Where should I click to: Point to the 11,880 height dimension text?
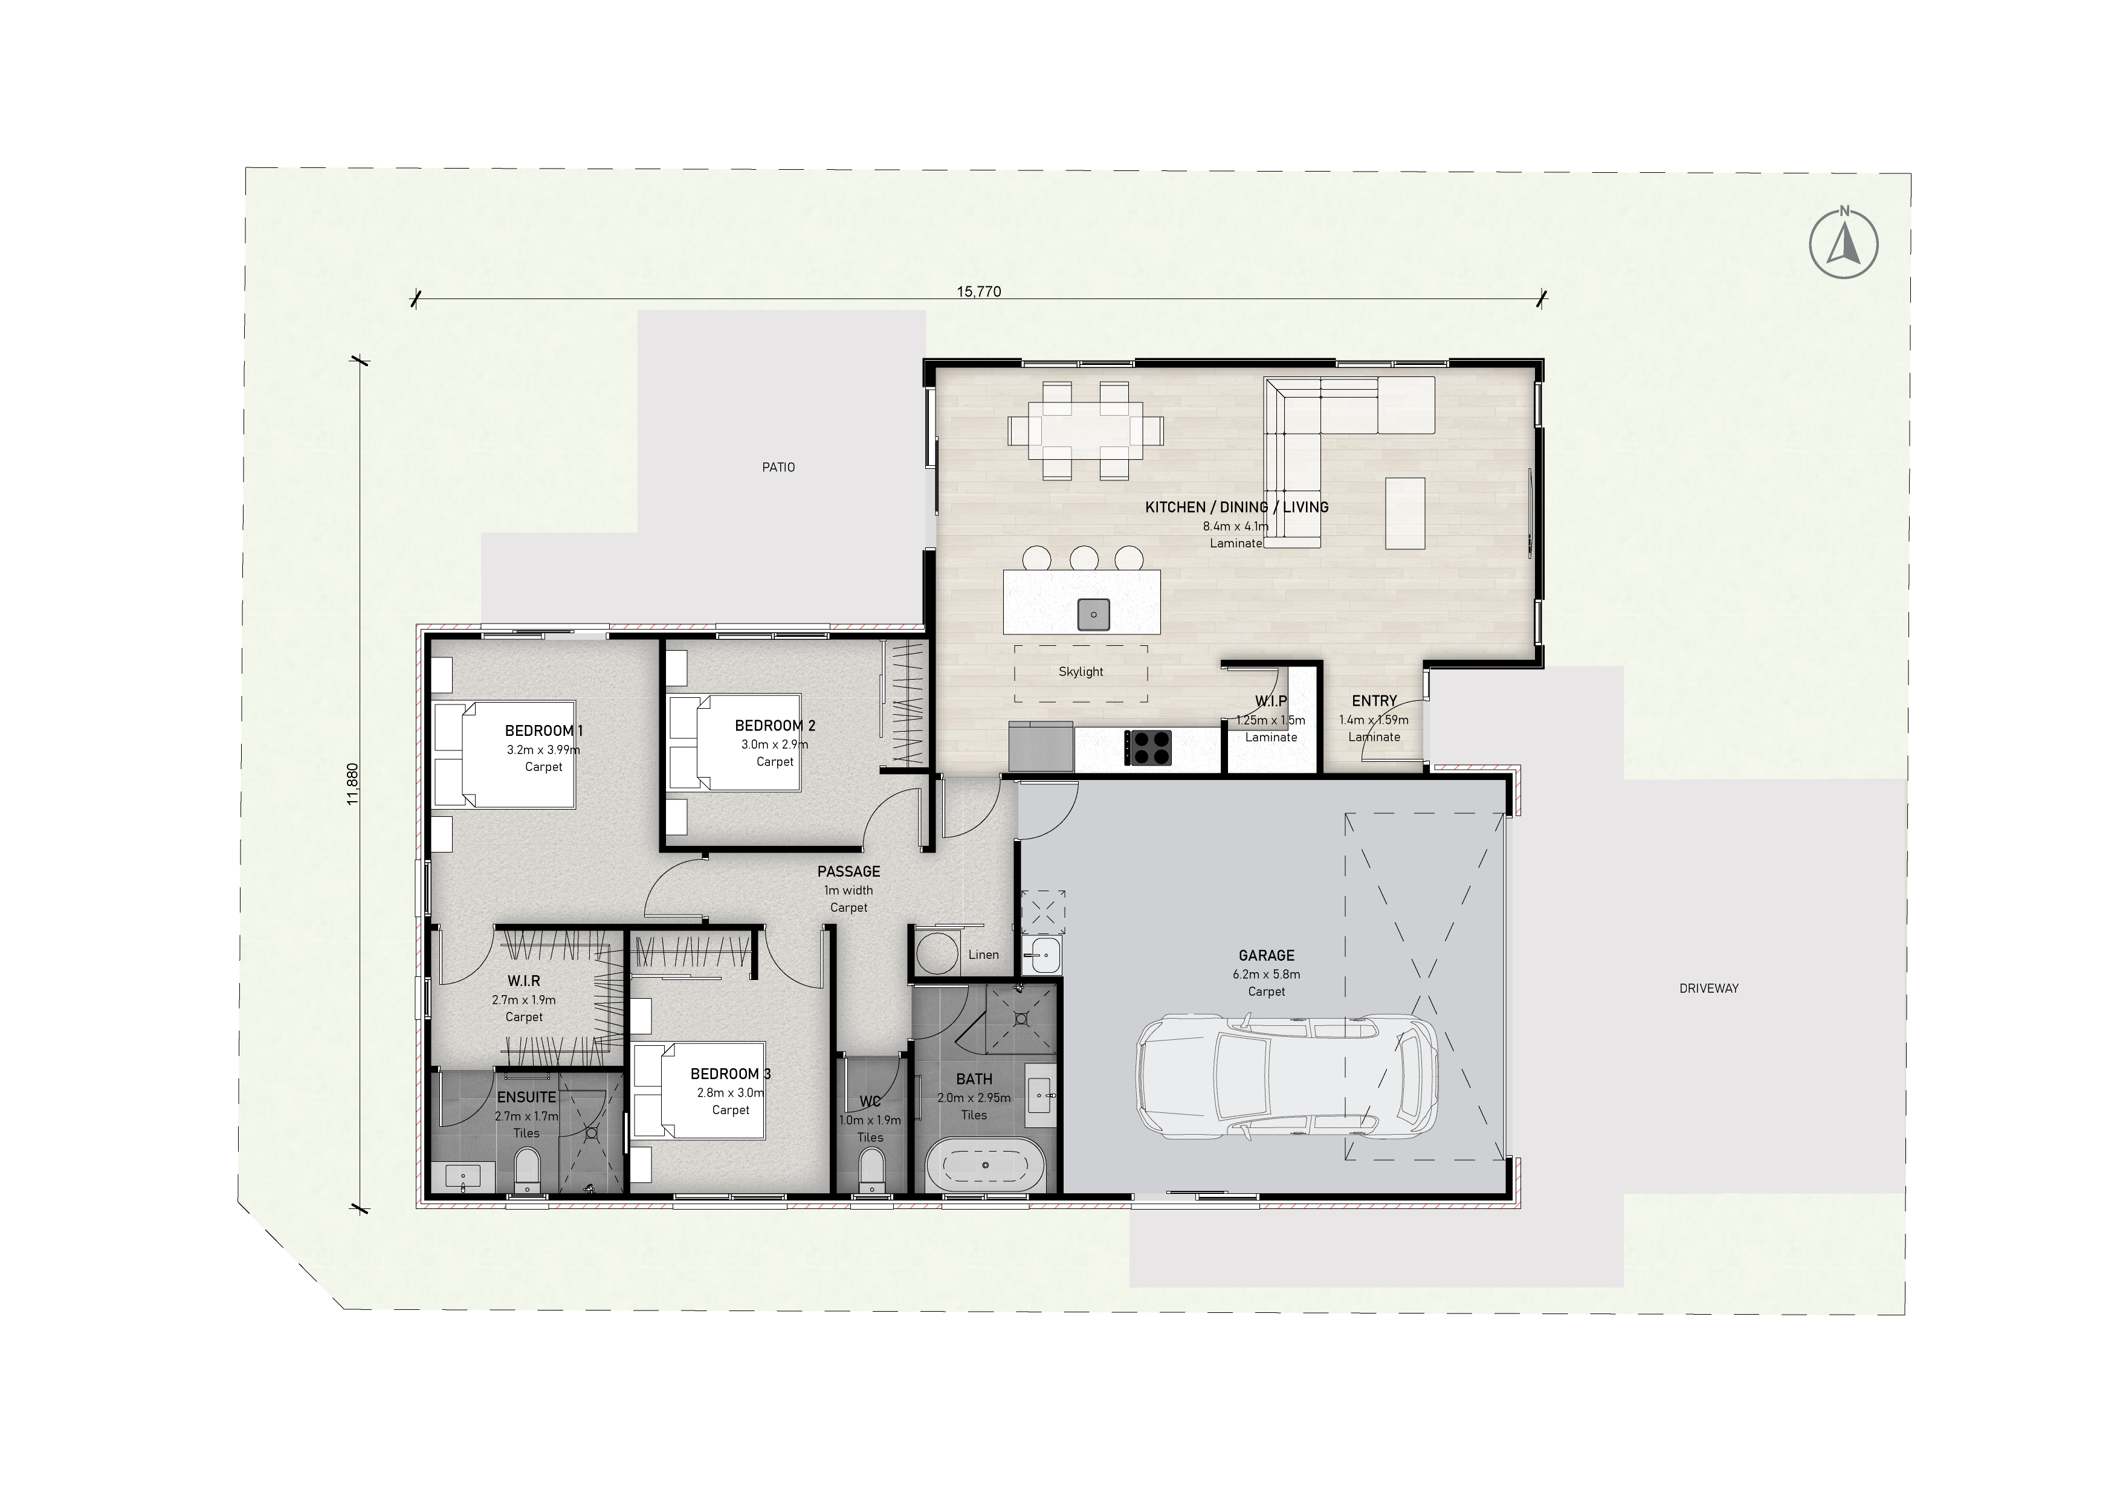(x=352, y=784)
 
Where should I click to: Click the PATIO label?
(x=778, y=467)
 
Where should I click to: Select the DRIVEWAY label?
(x=1709, y=988)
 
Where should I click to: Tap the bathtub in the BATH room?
(x=986, y=1165)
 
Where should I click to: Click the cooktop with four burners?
(x=1148, y=747)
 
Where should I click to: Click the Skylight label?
(x=1081, y=672)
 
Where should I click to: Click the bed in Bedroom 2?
(x=735, y=742)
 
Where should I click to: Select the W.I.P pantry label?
(x=1270, y=701)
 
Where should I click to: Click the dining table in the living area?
(x=1086, y=430)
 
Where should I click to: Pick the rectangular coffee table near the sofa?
(x=1405, y=512)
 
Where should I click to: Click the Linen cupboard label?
(x=983, y=955)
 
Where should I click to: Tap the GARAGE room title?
(x=1266, y=955)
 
